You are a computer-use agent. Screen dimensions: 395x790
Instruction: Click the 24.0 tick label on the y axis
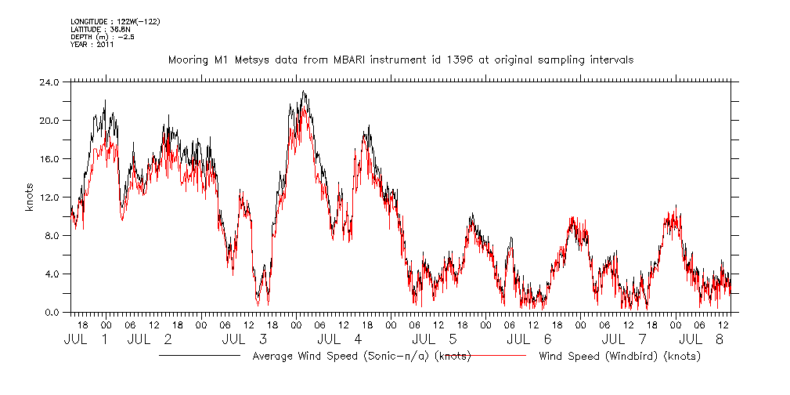click(x=49, y=82)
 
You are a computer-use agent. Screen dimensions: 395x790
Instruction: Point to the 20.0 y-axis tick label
click(x=49, y=120)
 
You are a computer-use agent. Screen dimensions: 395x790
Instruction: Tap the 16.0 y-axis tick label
click(x=49, y=158)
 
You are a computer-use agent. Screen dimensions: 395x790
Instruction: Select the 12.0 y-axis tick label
click(x=49, y=197)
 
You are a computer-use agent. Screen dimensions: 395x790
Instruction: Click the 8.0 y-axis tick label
click(x=52, y=235)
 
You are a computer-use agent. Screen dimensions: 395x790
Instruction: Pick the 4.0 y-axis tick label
click(x=52, y=274)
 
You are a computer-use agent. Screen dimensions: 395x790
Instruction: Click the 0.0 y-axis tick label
click(x=52, y=312)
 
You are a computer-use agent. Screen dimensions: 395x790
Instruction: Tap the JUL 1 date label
click(x=86, y=340)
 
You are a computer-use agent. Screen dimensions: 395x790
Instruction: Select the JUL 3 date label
click(x=245, y=340)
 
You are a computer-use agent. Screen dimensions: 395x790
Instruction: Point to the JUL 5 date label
click(x=435, y=340)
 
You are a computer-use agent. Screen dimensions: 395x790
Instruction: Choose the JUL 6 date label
click(x=529, y=340)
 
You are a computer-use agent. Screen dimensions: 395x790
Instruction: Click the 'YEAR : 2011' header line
click(x=92, y=45)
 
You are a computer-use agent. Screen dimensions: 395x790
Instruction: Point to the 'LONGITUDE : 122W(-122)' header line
click(x=115, y=21)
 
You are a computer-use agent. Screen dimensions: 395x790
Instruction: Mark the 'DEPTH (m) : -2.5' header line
click(x=103, y=37)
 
